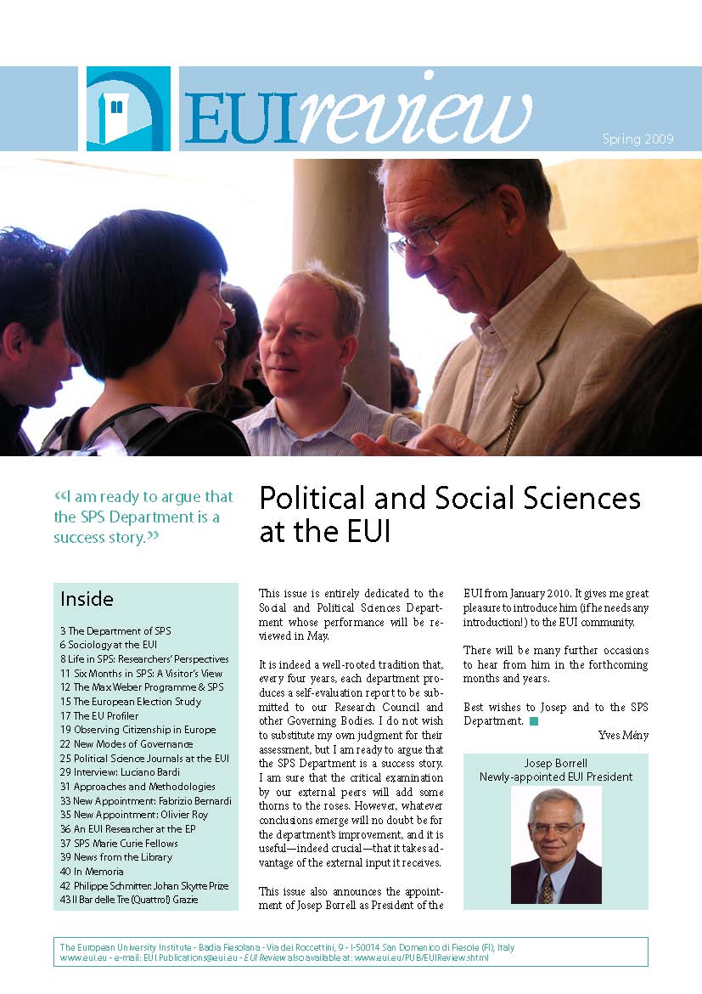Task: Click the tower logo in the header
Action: pos(128,108)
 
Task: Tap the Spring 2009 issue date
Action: pos(637,139)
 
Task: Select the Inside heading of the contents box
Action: pos(86,600)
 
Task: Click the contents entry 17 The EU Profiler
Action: pos(99,715)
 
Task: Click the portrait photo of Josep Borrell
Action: pos(555,845)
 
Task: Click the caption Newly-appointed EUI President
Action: pos(556,777)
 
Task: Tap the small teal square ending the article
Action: pos(534,721)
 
